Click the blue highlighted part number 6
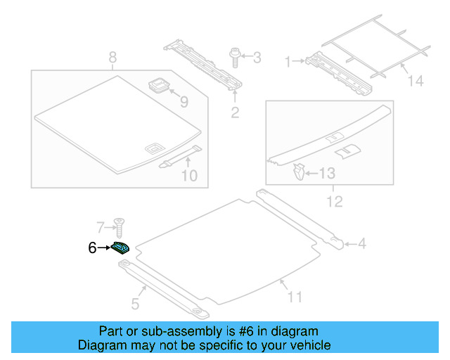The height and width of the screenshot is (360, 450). click(120, 247)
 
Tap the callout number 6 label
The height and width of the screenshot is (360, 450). click(92, 247)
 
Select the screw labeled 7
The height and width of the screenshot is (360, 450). click(121, 227)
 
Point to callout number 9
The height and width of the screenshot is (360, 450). click(184, 102)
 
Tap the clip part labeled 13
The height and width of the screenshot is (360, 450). click(299, 170)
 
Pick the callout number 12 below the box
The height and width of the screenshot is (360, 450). click(335, 202)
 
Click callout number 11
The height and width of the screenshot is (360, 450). click(295, 297)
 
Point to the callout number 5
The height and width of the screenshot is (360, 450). click(135, 304)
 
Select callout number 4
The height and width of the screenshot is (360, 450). click(361, 244)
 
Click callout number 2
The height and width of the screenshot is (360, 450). click(235, 112)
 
